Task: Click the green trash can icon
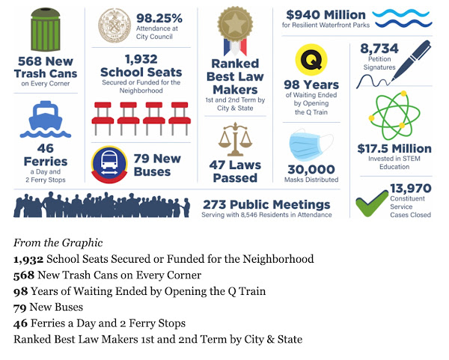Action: point(46,29)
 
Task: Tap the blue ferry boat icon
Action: point(46,119)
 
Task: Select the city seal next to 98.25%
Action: point(114,25)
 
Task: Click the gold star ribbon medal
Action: point(235,31)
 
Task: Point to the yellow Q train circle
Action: point(311,60)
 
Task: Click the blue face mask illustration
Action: point(311,145)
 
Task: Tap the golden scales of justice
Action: point(235,139)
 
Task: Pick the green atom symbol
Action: point(394,115)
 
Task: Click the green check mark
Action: point(372,203)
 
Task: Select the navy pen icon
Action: point(411,61)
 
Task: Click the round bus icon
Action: point(109,165)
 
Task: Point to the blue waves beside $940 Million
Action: point(402,18)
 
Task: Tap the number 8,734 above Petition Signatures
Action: point(379,49)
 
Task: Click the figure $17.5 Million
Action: point(394,149)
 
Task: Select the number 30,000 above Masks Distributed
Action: point(311,169)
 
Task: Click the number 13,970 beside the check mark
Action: point(411,188)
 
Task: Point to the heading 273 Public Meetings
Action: point(266,204)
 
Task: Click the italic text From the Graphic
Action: point(58,242)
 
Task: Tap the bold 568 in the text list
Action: point(24,275)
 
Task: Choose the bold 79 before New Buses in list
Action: point(19,308)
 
